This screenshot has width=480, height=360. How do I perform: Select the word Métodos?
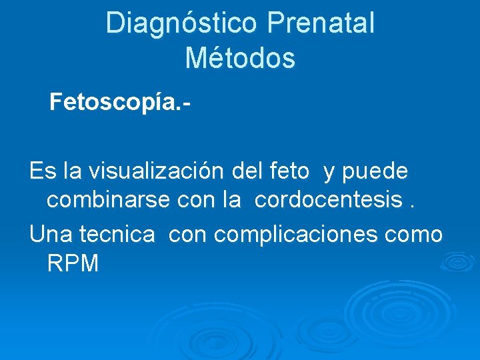click(240, 58)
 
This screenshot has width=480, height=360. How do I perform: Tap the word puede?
click(375, 171)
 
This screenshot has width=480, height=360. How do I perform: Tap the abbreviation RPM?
click(73, 264)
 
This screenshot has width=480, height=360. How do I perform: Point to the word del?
click(247, 171)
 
